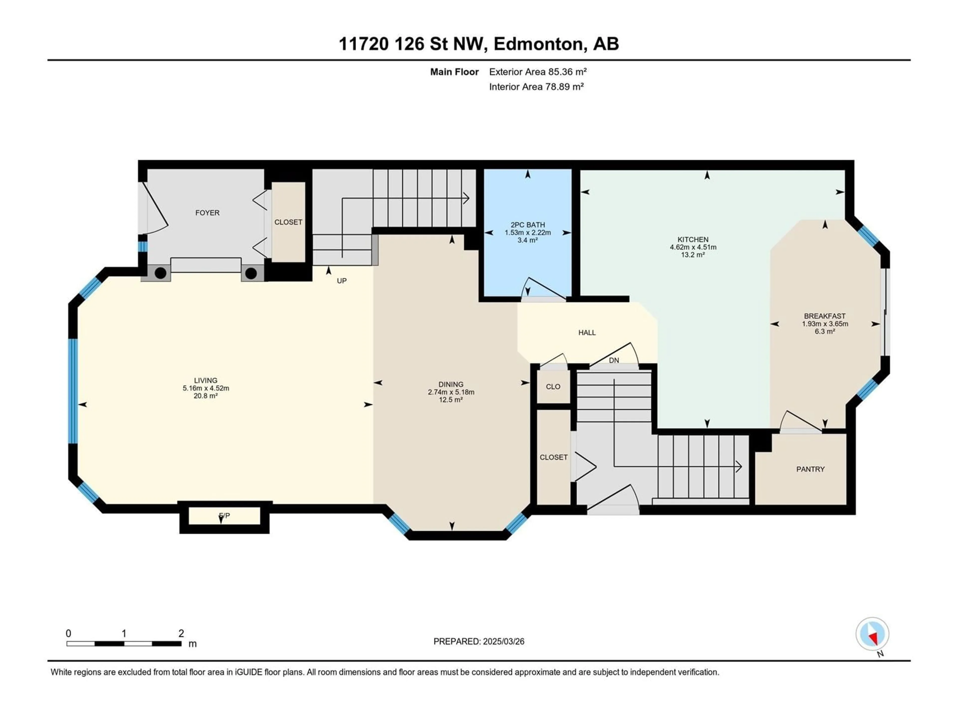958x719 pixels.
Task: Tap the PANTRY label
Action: point(810,469)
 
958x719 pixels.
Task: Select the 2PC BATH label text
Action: point(527,225)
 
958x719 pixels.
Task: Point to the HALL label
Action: point(587,333)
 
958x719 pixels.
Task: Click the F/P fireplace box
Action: point(224,516)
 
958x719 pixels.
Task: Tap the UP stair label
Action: point(342,281)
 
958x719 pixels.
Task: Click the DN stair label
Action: point(614,360)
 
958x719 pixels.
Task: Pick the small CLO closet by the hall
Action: point(553,386)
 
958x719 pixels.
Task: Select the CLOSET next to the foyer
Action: point(288,222)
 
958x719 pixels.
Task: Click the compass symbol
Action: point(872,634)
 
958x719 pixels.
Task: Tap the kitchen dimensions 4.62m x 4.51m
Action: point(693,247)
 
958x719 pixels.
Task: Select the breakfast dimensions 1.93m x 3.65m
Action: point(825,324)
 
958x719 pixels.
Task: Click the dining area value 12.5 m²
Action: point(451,400)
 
